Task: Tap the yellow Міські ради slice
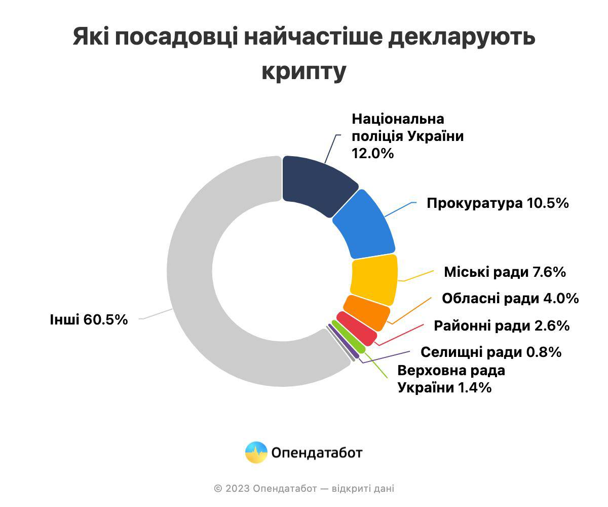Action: pos(374,279)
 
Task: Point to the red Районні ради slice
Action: pos(357,329)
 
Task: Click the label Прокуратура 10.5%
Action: pos(498,203)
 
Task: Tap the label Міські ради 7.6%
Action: pos(505,272)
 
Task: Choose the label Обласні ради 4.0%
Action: pos(510,299)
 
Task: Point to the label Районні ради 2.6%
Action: pos(502,325)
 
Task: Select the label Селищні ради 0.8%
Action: pos(491,352)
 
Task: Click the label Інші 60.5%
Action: pos(89,320)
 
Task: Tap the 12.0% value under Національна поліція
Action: pos(372,154)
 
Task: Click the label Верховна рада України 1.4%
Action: pos(451,379)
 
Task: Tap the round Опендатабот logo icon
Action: pos(256,452)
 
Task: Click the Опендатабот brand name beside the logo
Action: pos(317,452)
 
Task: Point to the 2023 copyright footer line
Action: pos(304,489)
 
